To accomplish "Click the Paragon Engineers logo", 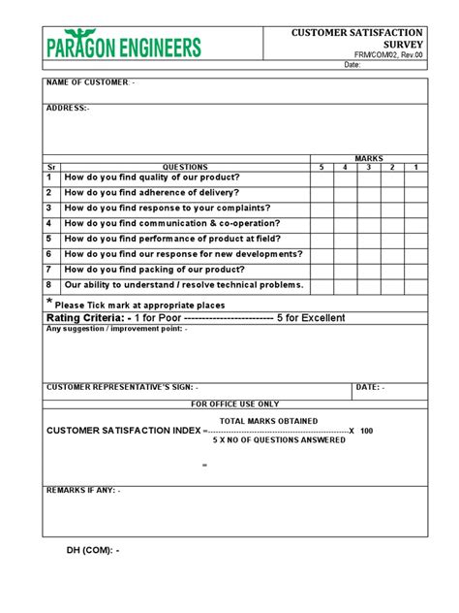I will (x=123, y=45).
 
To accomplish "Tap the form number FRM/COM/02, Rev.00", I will (x=391, y=55).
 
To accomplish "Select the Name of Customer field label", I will (x=91, y=82).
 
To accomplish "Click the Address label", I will (x=68, y=108).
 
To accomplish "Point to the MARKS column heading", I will (x=369, y=158).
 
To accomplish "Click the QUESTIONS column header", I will (x=184, y=168).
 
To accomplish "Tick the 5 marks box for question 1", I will (x=321, y=178).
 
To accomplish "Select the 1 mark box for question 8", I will (x=415, y=285).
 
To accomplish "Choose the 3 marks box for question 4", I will (x=369, y=224).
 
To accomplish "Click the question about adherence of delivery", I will (x=162, y=193).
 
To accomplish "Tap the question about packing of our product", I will (x=153, y=270).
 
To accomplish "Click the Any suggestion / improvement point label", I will (x=117, y=329).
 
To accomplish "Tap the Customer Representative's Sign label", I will (x=122, y=387).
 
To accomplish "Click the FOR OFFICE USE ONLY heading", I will (x=234, y=403).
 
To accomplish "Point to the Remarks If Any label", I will (x=83, y=491).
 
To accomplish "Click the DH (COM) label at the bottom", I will (x=93, y=551).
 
